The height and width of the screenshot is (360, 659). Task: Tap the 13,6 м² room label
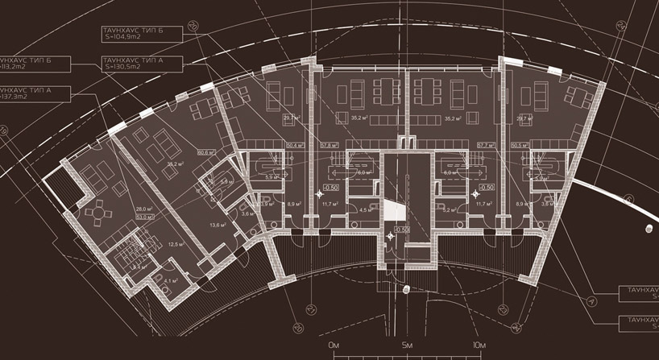(x=215, y=226)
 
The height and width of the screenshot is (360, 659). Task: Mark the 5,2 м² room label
(x=448, y=209)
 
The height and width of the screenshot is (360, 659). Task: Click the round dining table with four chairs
(x=99, y=213)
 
